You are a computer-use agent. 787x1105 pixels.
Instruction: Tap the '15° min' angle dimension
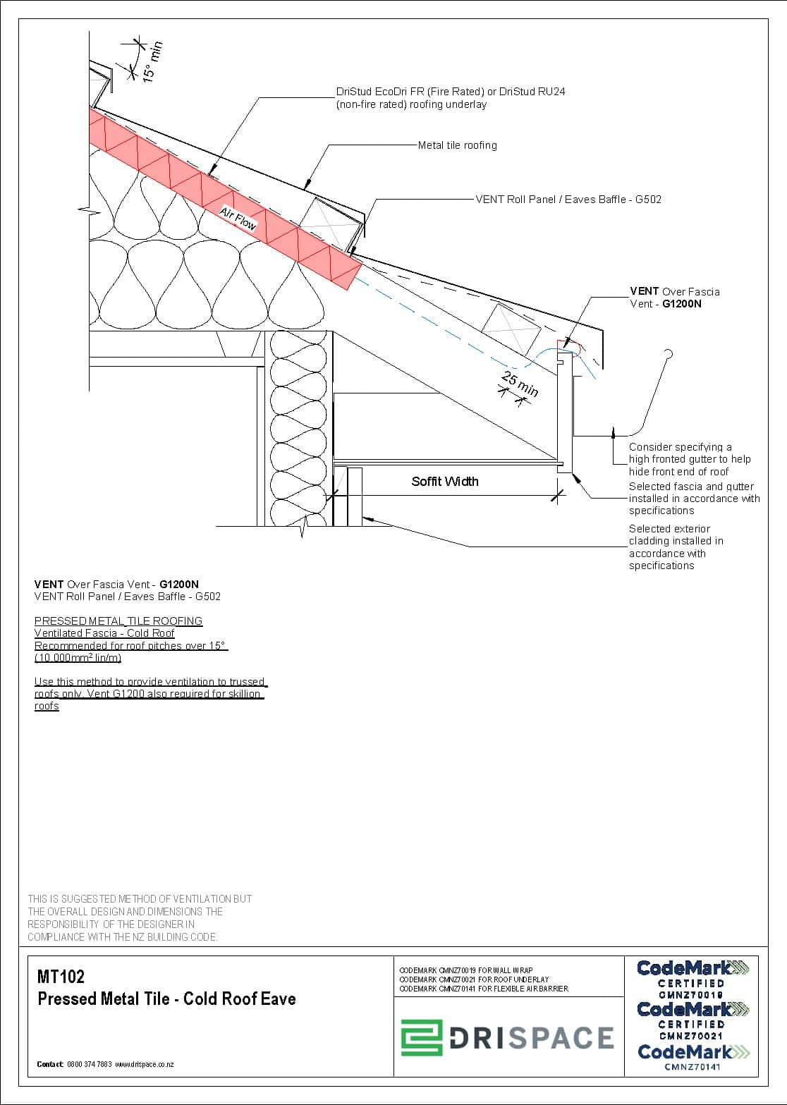tap(152, 61)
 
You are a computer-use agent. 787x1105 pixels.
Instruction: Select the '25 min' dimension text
tap(520, 384)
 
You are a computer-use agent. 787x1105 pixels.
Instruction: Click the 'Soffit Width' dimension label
tap(444, 482)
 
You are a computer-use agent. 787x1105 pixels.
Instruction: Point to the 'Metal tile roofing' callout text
tap(457, 145)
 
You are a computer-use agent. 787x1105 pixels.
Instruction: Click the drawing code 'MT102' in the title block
tap(61, 977)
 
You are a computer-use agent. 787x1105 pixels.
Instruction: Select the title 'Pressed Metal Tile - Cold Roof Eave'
tap(166, 999)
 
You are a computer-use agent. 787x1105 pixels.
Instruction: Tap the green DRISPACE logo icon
tap(422, 1037)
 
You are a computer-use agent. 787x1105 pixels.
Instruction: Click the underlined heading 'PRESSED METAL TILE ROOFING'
tap(118, 621)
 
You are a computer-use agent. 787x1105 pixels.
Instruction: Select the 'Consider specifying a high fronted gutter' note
tap(689, 459)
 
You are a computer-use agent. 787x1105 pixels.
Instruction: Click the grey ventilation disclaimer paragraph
tap(139, 917)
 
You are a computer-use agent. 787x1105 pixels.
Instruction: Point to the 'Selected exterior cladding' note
tap(676, 547)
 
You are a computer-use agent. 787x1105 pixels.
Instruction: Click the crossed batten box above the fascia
tap(511, 327)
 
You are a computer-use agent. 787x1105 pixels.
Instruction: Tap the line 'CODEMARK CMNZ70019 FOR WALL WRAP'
tap(466, 971)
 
